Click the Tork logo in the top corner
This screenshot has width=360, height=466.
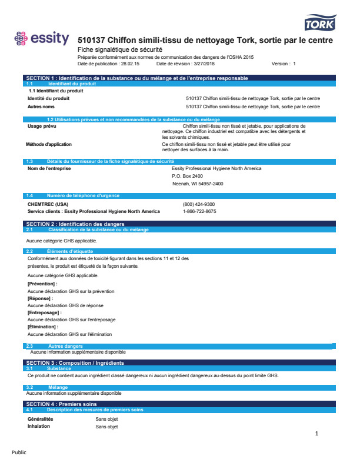coord(319,23)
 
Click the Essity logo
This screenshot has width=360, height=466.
coord(41,39)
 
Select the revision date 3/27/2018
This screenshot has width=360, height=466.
coord(192,64)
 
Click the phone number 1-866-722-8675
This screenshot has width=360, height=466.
coord(199,211)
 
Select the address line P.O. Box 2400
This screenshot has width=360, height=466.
coord(187,176)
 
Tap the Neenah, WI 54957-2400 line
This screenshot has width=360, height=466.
coord(198,184)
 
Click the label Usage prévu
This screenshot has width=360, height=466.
coord(42,126)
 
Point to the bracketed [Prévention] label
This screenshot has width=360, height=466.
coord(43,284)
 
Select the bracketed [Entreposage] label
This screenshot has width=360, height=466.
coord(45,312)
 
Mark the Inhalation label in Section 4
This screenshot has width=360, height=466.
coord(39,426)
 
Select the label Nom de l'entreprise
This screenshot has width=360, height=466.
coord(49,168)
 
